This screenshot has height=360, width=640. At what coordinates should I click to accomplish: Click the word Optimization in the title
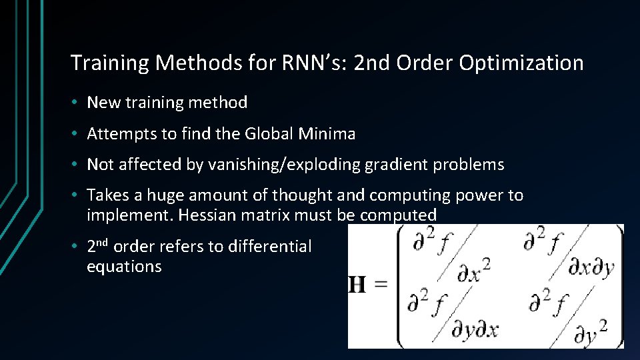coord(523,63)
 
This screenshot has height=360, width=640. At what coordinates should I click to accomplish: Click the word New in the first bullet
coord(101,103)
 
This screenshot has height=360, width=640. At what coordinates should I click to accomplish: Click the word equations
coord(124,267)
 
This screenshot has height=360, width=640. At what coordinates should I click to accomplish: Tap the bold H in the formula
coord(357,285)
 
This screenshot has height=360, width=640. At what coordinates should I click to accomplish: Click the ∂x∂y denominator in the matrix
coord(591,268)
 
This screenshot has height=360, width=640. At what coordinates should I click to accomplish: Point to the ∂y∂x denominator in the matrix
coord(475,329)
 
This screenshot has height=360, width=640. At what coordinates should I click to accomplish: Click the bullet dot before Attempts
coord(77,134)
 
